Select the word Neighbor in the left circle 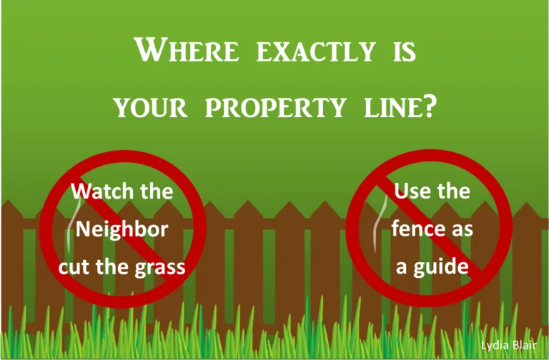pos(122,229)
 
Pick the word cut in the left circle pos(73,268)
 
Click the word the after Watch pos(156,191)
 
